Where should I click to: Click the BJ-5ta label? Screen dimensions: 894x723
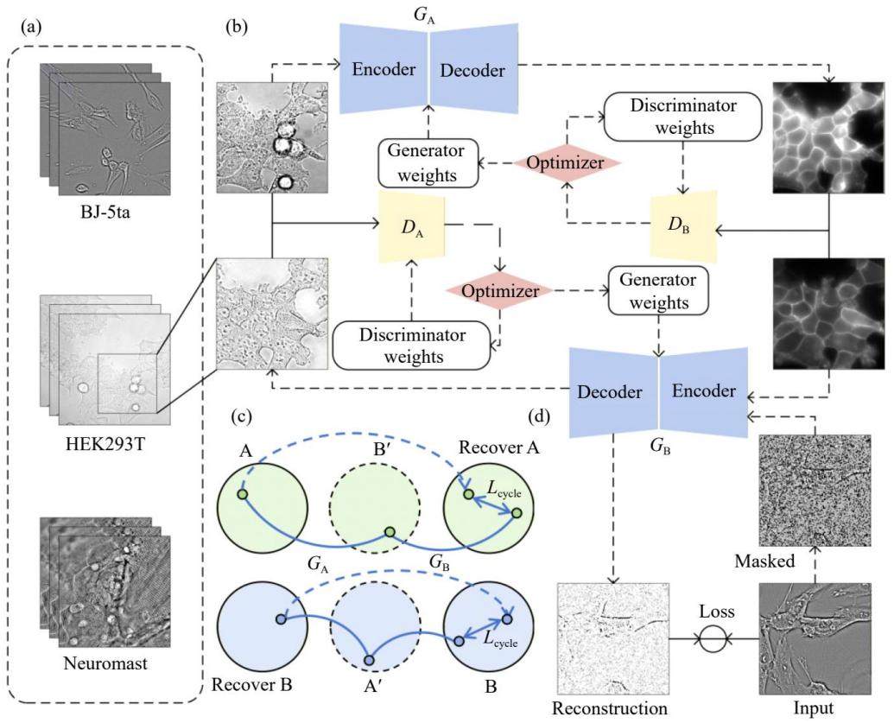pyautogui.click(x=105, y=214)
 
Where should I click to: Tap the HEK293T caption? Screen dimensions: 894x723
pyautogui.click(x=105, y=443)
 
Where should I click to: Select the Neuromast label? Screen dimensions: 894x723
pyautogui.click(x=105, y=663)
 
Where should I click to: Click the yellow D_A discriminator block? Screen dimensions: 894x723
pyautogui.click(x=412, y=227)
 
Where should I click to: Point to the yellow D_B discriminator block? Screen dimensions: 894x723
pyautogui.click(x=683, y=226)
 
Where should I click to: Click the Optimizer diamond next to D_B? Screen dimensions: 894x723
pyautogui.click(x=565, y=163)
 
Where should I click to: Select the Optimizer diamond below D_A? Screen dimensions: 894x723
pyautogui.click(x=500, y=291)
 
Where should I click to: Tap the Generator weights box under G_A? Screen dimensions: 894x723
pyautogui.click(x=427, y=163)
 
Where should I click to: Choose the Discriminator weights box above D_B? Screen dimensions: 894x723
pyautogui.click(x=683, y=117)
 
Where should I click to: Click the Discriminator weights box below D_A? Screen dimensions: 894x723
pyautogui.click(x=412, y=346)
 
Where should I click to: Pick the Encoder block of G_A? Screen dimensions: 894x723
pyautogui.click(x=384, y=69)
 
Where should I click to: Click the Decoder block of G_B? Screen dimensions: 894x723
pyautogui.click(x=613, y=392)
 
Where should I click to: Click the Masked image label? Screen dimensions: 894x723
pyautogui.click(x=764, y=561)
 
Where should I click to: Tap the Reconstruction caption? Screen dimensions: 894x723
pyautogui.click(x=610, y=708)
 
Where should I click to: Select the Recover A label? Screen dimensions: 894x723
pyautogui.click(x=498, y=447)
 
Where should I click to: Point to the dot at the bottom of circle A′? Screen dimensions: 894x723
pyautogui.click(x=369, y=660)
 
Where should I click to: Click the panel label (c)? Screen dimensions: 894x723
pyautogui.click(x=241, y=417)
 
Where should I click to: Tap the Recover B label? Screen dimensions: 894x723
pyautogui.click(x=251, y=684)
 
